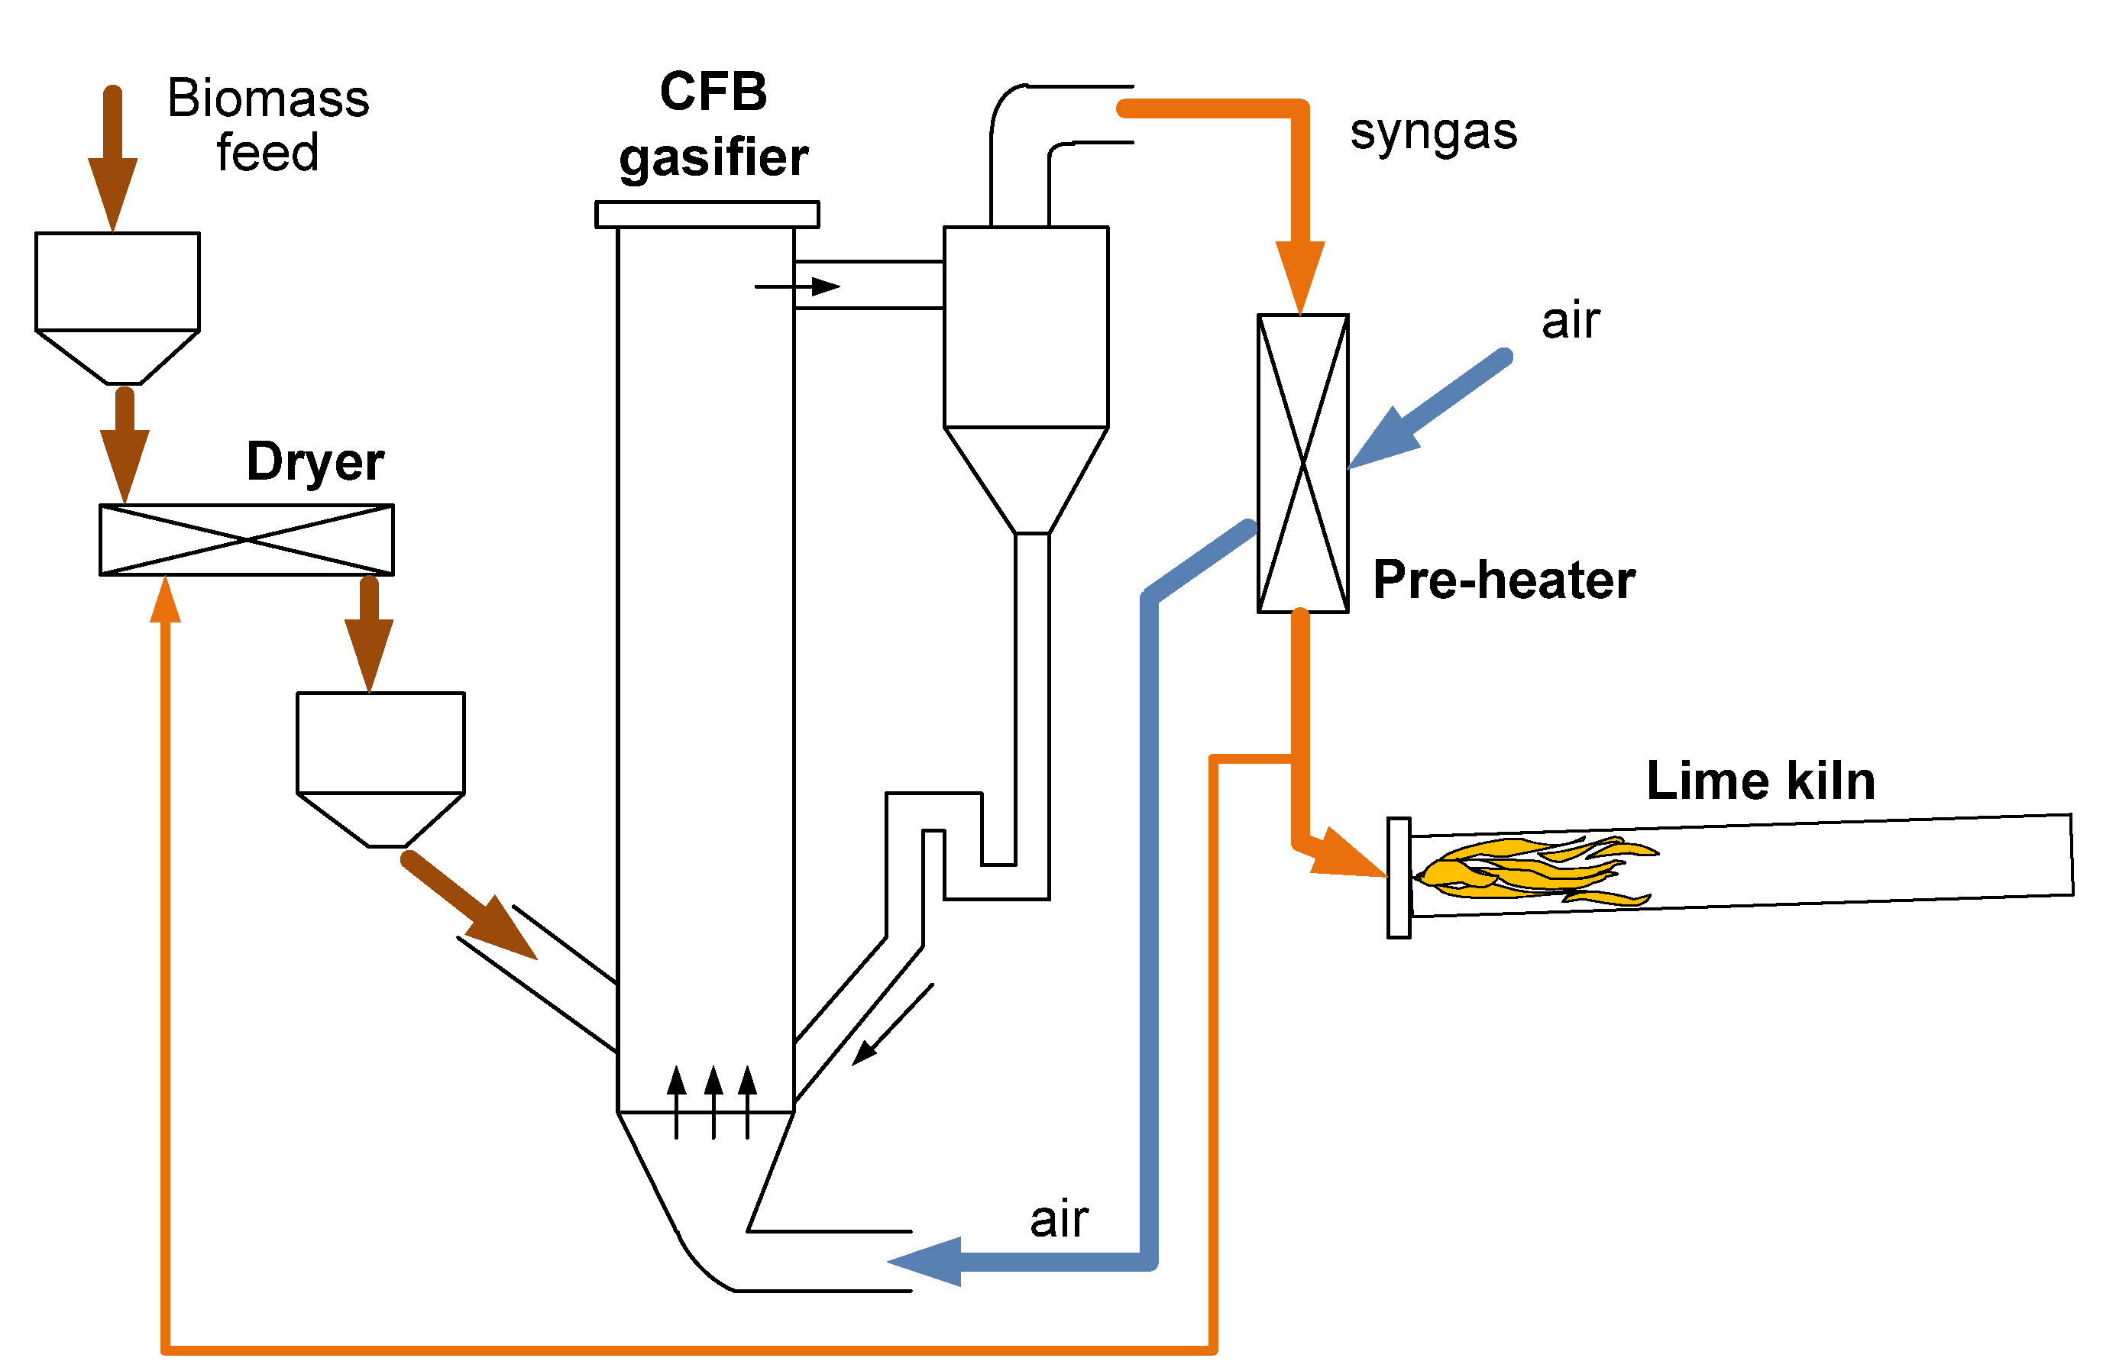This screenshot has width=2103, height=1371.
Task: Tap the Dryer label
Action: coord(315,463)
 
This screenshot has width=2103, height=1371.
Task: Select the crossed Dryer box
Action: coord(247,540)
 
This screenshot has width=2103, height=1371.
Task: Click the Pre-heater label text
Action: coord(1504,580)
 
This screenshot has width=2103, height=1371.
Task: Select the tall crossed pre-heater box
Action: coord(1302,464)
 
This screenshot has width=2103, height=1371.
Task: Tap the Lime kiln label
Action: coord(1761,781)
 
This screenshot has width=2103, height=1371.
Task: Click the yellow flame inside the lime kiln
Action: coord(1535,872)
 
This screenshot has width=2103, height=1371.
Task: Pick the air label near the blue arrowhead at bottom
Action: coord(1059,1220)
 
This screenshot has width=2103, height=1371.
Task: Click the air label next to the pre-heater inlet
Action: coord(1570,321)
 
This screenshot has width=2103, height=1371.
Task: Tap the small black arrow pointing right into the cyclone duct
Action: coord(797,286)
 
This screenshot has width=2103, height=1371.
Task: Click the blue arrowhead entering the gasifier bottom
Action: coord(924,1262)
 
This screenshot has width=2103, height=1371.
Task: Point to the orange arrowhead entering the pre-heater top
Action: coord(1300,276)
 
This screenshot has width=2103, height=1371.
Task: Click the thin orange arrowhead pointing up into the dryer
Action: coord(165,599)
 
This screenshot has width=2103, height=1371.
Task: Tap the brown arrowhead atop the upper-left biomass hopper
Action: coord(112,194)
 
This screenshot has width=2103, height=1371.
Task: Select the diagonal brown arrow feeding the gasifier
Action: coord(469,904)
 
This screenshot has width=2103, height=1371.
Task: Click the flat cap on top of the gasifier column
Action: coord(707,215)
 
